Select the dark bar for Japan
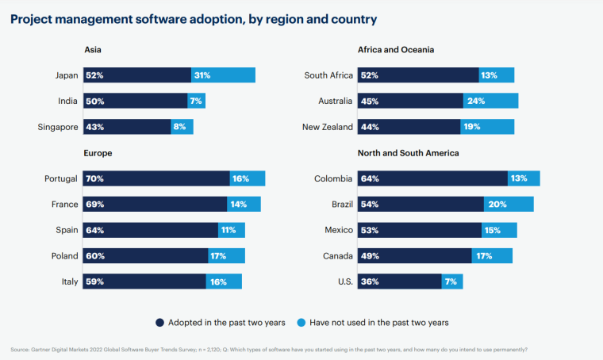tap(137, 75)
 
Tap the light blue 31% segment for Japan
tap(223, 75)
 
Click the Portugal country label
tap(61, 178)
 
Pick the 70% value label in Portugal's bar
tap(95, 178)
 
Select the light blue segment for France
tap(244, 205)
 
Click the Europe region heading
tap(98, 153)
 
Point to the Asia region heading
tap(92, 50)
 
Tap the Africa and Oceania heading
tap(395, 50)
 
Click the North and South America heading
tap(408, 153)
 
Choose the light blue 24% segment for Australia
tap(490, 101)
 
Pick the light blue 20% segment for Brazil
tap(509, 205)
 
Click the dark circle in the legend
tap(160, 322)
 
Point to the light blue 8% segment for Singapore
tap(182, 127)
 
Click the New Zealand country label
tap(325, 127)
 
